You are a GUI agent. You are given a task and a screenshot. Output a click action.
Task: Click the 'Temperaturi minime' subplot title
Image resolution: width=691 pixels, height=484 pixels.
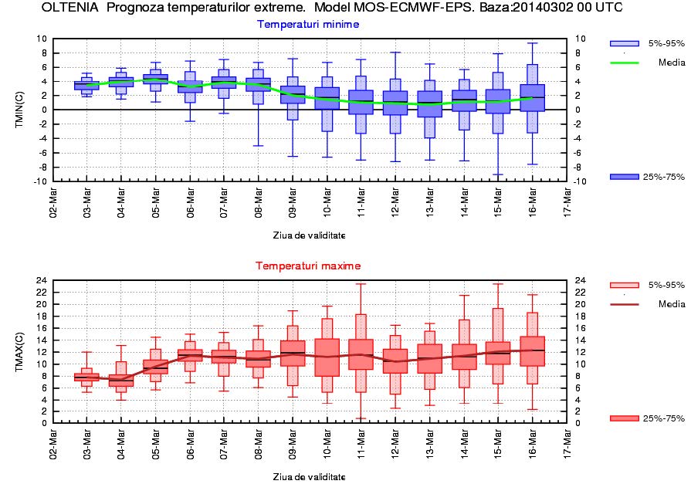pos(308,24)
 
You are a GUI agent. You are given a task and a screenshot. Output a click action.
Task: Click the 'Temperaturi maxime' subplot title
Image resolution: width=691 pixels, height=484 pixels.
pos(308,266)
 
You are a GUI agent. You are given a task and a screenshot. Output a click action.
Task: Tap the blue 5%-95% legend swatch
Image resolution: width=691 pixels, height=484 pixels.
pos(624,43)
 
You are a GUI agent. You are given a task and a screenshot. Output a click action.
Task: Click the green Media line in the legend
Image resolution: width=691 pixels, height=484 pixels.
pos(624,63)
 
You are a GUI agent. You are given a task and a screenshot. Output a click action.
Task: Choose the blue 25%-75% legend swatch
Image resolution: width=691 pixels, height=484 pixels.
pos(624,177)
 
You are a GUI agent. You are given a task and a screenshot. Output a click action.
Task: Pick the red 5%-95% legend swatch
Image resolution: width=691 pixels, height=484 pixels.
pos(624,285)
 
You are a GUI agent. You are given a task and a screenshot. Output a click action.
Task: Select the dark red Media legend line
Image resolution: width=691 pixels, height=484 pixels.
pos(624,304)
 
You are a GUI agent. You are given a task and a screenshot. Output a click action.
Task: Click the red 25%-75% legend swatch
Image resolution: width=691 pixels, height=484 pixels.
pos(624,418)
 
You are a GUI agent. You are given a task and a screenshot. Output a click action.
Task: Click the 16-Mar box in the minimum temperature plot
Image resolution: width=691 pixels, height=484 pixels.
pos(532,98)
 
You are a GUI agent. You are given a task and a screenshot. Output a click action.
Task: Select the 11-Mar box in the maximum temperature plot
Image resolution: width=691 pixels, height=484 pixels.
pos(361,354)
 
